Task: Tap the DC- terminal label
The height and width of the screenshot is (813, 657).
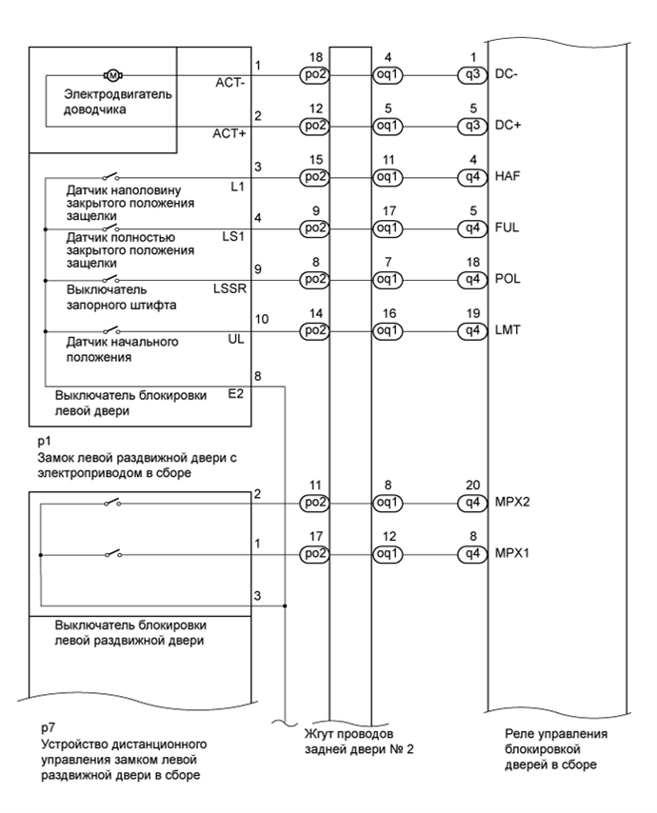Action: (x=508, y=73)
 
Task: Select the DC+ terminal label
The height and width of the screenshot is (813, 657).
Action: (x=508, y=125)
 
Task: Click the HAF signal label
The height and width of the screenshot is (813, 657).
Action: (x=508, y=177)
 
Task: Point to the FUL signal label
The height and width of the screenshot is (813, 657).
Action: (x=507, y=228)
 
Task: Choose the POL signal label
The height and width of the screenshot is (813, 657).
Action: (x=507, y=280)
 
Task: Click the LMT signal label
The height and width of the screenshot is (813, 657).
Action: (x=507, y=331)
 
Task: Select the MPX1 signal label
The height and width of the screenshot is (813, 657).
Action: (x=512, y=552)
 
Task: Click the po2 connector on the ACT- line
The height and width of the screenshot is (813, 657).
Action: (x=313, y=73)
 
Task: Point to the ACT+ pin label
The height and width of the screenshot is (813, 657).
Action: (x=230, y=134)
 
